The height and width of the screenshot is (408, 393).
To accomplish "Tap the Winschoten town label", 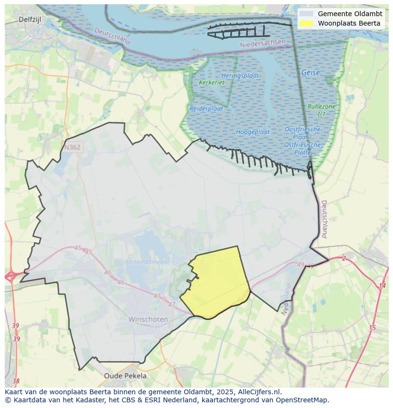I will coord(148,319).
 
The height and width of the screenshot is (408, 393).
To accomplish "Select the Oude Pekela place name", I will coord(125,376).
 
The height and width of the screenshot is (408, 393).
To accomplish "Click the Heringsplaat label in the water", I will coord(240,76).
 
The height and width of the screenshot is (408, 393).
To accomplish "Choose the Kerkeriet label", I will coord(212,82).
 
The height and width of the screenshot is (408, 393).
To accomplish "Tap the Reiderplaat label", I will coord(206,109).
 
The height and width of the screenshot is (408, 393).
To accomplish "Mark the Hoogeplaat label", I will coord(253,132).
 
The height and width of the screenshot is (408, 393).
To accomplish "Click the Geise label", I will coord(310,73).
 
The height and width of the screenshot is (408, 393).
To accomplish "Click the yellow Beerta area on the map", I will coord(216,284).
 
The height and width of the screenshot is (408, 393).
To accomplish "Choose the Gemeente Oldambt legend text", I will coord(350,14).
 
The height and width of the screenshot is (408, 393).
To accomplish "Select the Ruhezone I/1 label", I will coord(321,110).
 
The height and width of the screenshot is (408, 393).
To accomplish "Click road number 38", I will coord(16,381).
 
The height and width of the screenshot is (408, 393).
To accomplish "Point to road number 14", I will coord(382,285).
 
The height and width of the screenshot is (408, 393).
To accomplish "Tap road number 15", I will coord(372,327).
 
